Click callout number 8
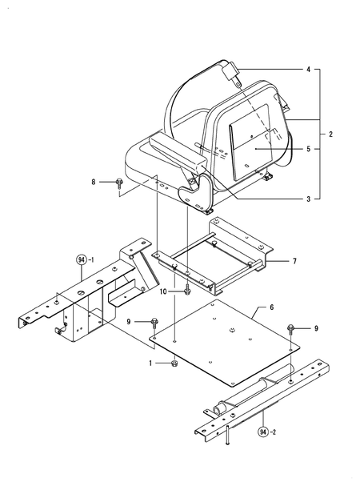93,183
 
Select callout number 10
163,291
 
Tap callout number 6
272,307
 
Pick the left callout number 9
128,321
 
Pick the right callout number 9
315,328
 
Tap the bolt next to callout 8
118,183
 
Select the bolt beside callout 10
186,289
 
